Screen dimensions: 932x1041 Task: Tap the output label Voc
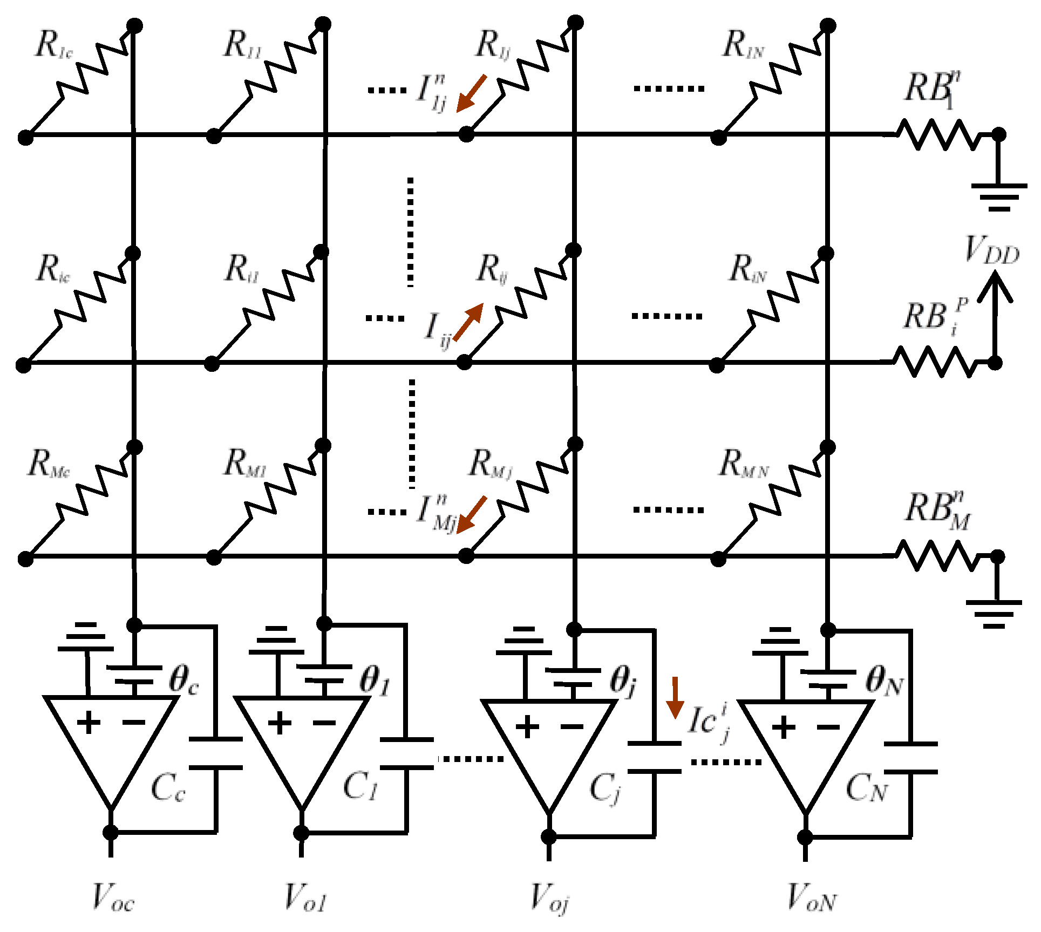point(113,897)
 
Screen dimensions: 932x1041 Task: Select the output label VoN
point(811,897)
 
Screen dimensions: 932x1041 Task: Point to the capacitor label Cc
point(168,788)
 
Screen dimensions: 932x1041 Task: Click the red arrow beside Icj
point(675,697)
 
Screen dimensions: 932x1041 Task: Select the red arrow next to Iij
point(468,322)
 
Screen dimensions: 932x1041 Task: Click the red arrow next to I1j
point(471,93)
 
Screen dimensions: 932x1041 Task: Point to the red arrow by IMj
point(471,514)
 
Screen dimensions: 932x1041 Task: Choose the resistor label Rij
point(492,269)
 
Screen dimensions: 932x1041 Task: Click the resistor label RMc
point(48,464)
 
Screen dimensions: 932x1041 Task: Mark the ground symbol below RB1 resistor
point(999,197)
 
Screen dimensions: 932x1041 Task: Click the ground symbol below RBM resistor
point(994,614)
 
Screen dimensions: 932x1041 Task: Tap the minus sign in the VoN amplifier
point(828,727)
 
